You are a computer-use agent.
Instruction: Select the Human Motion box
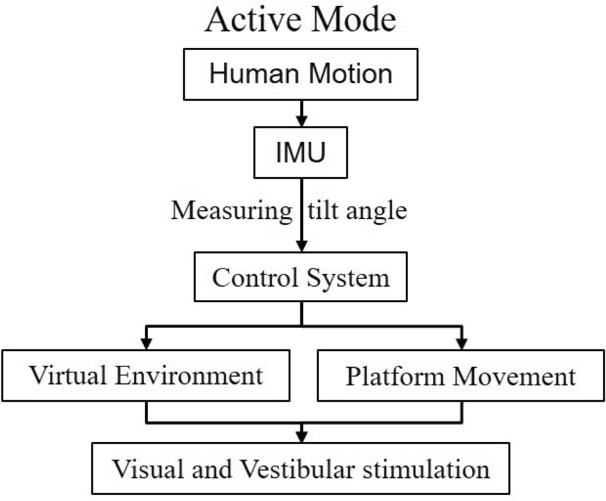click(x=301, y=73)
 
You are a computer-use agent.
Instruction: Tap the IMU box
click(x=300, y=153)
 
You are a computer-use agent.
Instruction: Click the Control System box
click(x=300, y=278)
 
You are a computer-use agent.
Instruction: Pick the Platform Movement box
click(x=461, y=375)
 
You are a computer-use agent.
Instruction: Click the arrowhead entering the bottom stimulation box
click(x=300, y=436)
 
